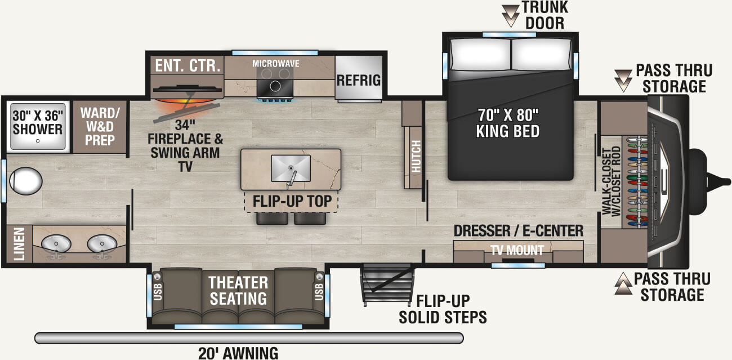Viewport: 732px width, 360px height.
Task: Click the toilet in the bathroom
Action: point(25,181)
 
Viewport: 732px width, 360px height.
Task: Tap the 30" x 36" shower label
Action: point(38,122)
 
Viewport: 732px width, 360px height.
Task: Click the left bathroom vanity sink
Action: point(56,245)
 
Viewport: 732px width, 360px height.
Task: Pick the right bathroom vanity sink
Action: point(102,245)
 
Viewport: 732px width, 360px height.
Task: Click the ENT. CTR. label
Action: point(188,65)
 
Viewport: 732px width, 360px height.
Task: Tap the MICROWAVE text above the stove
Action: point(275,63)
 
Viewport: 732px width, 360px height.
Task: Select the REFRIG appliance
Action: point(359,79)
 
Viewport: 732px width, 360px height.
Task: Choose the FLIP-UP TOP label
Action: point(291,201)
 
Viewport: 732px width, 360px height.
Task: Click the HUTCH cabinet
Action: point(416,155)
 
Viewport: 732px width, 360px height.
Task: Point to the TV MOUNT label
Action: point(517,250)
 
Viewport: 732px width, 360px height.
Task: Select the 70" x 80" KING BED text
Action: point(507,123)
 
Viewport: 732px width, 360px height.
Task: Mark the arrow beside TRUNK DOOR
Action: point(511,15)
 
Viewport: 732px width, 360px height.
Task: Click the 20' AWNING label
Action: point(238,353)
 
